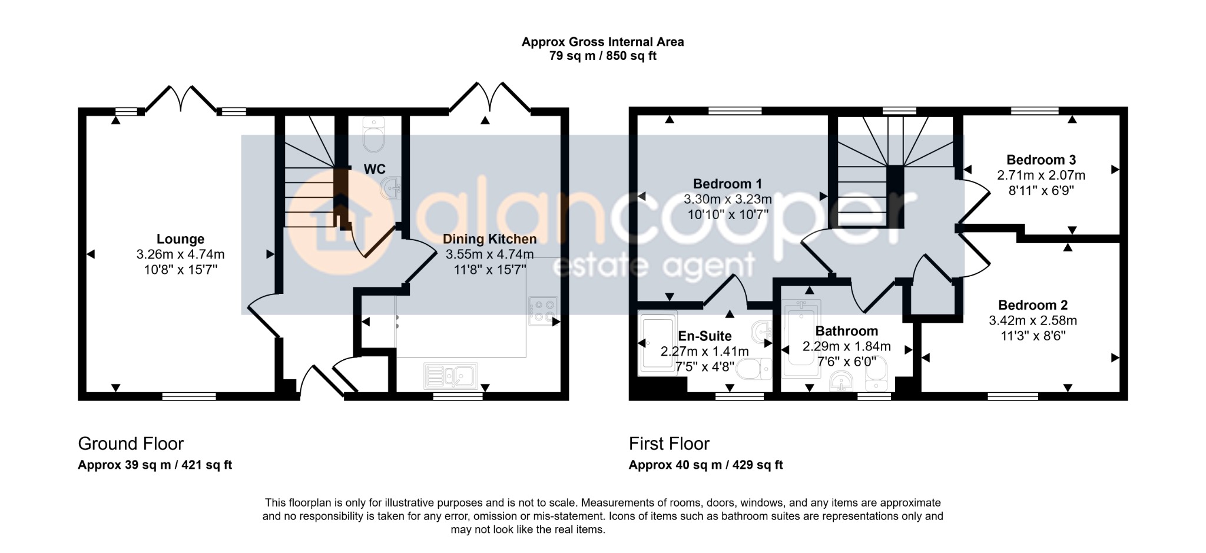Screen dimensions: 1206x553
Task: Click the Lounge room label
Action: (180, 239)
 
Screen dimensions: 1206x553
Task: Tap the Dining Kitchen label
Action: (489, 239)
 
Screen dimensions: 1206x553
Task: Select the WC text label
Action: (375, 169)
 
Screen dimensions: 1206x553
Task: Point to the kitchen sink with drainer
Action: (450, 376)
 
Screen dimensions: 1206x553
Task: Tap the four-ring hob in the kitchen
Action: (542, 312)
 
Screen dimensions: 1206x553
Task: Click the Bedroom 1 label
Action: (727, 184)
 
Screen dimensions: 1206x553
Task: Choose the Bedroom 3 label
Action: (1041, 160)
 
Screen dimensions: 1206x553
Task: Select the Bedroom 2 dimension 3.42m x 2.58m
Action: (1032, 320)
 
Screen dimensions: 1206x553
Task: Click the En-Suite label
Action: (705, 336)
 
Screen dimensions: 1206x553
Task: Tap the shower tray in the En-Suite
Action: (658, 343)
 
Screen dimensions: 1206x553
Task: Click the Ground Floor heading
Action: (131, 443)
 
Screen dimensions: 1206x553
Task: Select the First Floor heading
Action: (669, 443)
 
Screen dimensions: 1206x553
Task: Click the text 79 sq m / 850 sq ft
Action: (603, 56)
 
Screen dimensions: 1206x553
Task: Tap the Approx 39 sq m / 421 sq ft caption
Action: (155, 465)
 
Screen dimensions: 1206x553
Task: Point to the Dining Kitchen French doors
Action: (489, 97)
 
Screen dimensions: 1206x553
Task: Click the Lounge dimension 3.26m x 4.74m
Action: (180, 254)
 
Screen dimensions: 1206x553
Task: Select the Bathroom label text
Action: (846, 331)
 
